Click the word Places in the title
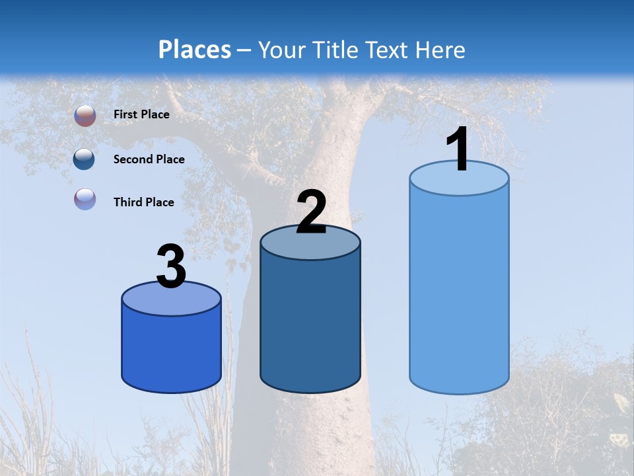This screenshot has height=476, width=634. pyautogui.click(x=195, y=50)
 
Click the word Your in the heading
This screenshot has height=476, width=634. pyautogui.click(x=283, y=50)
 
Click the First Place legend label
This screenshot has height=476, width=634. pyautogui.click(x=141, y=114)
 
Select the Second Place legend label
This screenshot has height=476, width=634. pyautogui.click(x=149, y=159)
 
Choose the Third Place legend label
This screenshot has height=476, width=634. pyautogui.click(x=144, y=202)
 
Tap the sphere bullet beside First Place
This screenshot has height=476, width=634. pyautogui.click(x=85, y=116)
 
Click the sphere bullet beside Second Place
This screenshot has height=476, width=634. pyautogui.click(x=85, y=159)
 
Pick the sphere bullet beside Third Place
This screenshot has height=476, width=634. pyautogui.click(x=85, y=199)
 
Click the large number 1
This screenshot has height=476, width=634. pyautogui.click(x=457, y=150)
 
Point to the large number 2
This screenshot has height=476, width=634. pyautogui.click(x=311, y=213)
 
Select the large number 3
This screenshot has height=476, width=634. pyautogui.click(x=171, y=267)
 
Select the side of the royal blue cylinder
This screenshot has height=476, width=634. pyautogui.click(x=171, y=350)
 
